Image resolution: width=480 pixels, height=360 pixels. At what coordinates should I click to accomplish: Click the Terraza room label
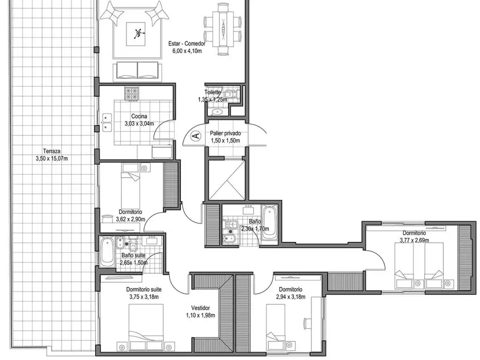click(52, 151)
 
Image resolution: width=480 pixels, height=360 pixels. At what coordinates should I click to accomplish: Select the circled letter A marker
click(196, 136)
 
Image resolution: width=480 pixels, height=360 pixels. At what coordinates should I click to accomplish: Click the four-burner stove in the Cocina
click(133, 93)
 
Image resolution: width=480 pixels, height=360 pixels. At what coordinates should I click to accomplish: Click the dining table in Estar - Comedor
click(223, 29)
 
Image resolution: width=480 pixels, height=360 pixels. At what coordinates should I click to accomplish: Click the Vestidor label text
click(200, 308)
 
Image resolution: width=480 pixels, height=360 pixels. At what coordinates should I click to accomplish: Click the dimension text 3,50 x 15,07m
click(52, 159)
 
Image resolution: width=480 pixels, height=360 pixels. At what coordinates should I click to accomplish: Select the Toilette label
click(212, 92)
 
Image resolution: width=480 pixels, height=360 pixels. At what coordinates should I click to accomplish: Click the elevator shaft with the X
click(227, 180)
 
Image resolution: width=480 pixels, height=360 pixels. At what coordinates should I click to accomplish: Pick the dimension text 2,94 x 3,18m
click(290, 297)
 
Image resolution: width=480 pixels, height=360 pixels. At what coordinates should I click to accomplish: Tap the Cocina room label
click(139, 116)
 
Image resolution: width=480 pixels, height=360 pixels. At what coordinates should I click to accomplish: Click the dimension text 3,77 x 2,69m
click(414, 240)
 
